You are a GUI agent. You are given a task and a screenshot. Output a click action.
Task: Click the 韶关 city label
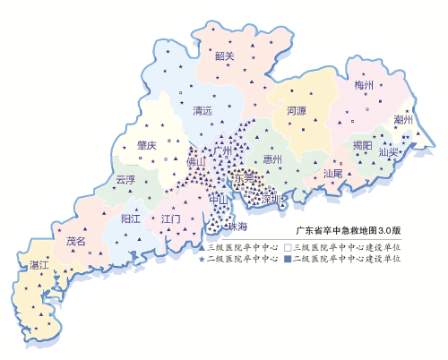tap(224, 56)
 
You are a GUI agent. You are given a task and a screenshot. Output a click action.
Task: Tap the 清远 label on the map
tap(202, 111)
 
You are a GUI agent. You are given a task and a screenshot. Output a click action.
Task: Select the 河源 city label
tap(297, 112)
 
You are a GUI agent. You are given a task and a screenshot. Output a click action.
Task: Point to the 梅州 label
tap(363, 86)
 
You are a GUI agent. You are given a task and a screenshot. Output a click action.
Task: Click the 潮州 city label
tap(403, 119)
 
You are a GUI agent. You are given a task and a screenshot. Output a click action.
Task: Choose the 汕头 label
tap(387, 152)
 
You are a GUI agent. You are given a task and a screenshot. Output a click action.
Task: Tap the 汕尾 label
tap(332, 172)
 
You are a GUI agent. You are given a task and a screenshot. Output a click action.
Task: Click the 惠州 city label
tap(272, 159)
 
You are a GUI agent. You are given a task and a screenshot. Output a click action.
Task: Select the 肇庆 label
tap(147, 144)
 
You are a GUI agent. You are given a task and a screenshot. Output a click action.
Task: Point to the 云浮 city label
tap(125, 179)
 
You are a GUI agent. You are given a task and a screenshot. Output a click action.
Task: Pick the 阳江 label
tap(130, 219)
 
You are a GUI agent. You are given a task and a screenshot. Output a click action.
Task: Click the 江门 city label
tap(171, 219)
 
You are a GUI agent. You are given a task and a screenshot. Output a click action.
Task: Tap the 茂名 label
tap(75, 241)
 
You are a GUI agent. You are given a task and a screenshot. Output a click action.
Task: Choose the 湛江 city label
tap(39, 265)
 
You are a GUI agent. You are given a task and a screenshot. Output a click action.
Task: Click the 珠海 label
tap(237, 226)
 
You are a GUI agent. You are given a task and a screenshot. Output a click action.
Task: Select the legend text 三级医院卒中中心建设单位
tap(347, 245)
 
